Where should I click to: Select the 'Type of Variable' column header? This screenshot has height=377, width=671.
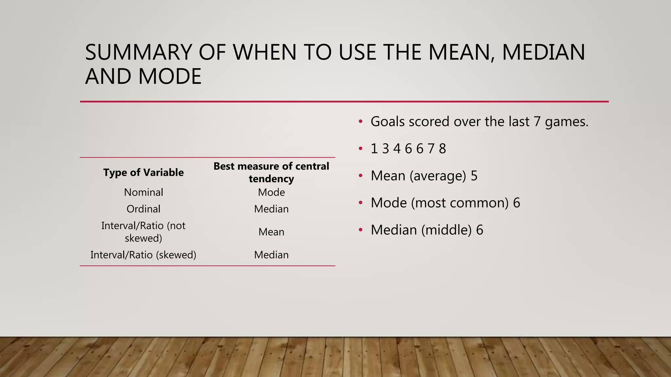coord(144,172)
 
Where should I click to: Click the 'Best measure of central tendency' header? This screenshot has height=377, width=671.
coord(271,172)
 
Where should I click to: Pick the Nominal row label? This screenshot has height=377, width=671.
coord(144,192)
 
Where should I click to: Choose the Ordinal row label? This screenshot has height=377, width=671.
coord(144,209)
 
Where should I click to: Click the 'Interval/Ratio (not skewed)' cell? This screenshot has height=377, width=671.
coord(144,232)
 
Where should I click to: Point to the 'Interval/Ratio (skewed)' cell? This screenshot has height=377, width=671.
coord(144,255)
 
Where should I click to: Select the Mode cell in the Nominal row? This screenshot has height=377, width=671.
coord(271,192)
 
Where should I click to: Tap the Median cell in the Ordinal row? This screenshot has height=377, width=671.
coord(271,209)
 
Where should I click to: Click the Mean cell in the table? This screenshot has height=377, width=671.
coord(271,232)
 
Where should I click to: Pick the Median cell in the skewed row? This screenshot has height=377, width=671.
coord(271,255)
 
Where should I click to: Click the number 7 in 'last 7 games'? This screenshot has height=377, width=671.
coord(537,122)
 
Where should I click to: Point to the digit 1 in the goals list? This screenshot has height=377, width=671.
coord(374,149)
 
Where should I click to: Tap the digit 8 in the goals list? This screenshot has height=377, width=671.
coord(442,149)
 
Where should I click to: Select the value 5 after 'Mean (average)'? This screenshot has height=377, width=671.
coord(474,176)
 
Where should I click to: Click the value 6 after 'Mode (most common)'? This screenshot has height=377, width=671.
coord(517,203)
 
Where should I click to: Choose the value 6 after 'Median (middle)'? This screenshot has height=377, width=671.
coord(480,230)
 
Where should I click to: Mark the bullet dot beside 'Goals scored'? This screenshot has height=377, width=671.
coord(360,122)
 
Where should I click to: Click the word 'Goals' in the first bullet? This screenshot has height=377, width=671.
coord(388,122)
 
